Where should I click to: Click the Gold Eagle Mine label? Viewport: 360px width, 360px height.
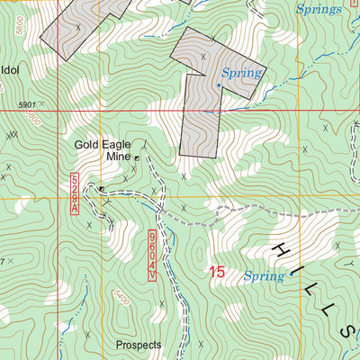(104, 149)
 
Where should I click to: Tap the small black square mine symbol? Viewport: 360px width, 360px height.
(138, 157)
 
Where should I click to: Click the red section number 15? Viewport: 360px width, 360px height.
(216, 272)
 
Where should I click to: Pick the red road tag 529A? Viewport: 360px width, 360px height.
(75, 194)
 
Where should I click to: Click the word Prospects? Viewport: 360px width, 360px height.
(139, 345)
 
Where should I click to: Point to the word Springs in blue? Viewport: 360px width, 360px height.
(319, 9)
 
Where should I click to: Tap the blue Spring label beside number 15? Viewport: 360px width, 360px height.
(264, 276)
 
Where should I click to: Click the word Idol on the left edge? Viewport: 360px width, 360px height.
(11, 68)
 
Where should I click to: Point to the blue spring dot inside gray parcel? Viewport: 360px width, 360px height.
(218, 85)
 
